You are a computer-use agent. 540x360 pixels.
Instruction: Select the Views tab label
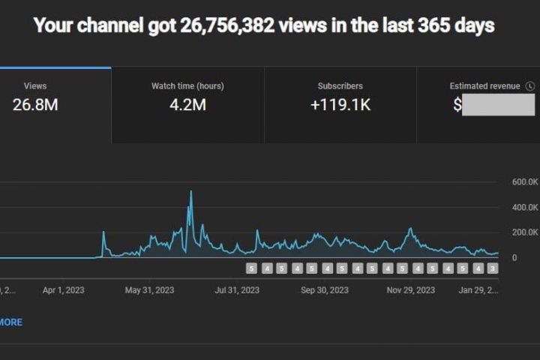tap(35, 86)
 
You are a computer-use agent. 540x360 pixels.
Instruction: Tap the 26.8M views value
tap(35, 105)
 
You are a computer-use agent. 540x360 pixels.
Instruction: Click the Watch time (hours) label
tap(187, 86)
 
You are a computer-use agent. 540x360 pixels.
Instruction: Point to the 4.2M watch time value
tap(187, 105)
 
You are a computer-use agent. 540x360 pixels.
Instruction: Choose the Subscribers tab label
tap(340, 86)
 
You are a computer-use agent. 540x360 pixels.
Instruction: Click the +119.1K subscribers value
tap(340, 105)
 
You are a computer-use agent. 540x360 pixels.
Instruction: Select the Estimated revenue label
tap(484, 86)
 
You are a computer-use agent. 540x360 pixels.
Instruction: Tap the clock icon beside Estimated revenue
tap(530, 86)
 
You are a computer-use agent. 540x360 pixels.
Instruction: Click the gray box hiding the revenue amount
tap(498, 105)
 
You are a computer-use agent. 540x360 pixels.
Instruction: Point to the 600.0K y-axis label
tap(526, 181)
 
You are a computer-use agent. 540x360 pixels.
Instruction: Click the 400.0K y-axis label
tap(526, 207)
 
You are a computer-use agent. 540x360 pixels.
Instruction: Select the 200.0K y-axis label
tap(526, 232)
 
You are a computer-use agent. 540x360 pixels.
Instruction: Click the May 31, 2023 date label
tap(149, 289)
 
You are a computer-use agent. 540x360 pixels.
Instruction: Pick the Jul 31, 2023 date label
tap(237, 289)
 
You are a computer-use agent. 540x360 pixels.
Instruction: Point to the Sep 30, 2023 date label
tap(325, 289)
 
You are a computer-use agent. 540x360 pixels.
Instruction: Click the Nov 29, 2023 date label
tap(411, 289)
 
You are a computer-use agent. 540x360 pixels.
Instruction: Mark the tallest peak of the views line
tap(190, 192)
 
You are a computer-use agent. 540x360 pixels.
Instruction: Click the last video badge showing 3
tap(492, 268)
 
